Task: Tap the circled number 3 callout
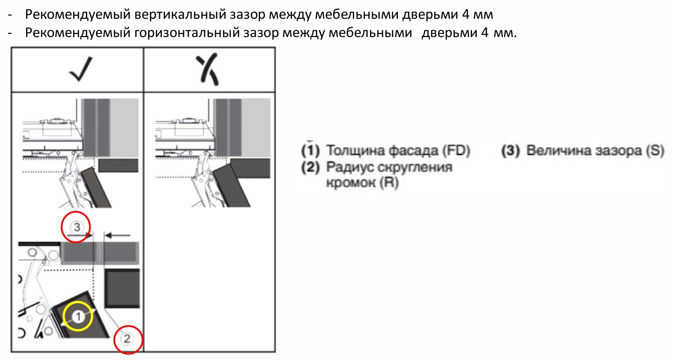pyautogui.click(x=76, y=227)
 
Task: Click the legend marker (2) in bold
pyautogui.click(x=311, y=167)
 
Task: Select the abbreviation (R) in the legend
pyautogui.click(x=388, y=184)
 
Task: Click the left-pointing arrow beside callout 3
pyautogui.click(x=119, y=235)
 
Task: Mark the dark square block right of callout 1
pyautogui.click(x=122, y=289)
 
